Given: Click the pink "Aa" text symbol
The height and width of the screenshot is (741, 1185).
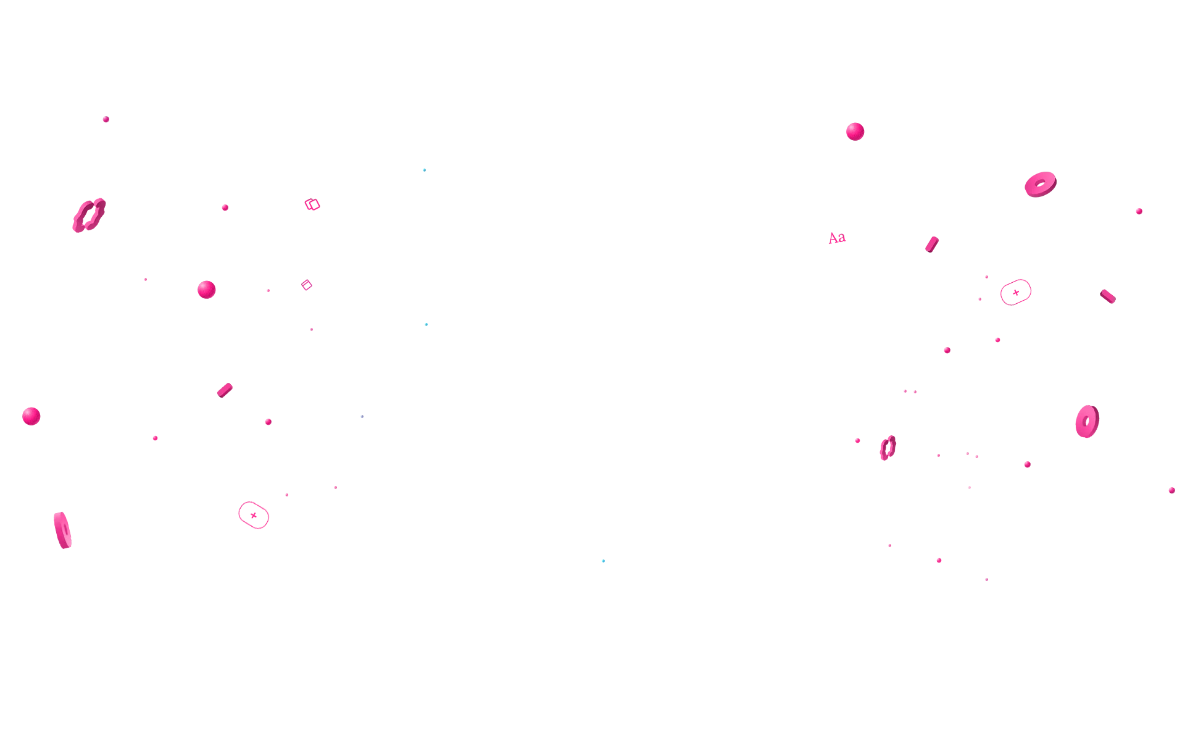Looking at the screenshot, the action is (x=837, y=238).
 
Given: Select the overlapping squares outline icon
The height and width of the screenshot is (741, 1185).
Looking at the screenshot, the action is (x=312, y=204).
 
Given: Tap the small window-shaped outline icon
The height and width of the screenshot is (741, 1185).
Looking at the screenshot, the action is (x=307, y=285).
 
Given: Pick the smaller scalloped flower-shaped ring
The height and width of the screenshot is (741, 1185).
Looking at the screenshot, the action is (x=884, y=447).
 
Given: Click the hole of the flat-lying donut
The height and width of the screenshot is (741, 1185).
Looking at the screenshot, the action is (x=1040, y=183).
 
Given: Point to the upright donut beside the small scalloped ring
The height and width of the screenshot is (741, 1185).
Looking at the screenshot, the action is (x=1081, y=422).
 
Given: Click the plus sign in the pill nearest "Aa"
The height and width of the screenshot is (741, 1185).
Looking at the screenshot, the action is (x=1016, y=293).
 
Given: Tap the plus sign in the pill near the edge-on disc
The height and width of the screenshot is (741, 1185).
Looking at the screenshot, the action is (x=254, y=516).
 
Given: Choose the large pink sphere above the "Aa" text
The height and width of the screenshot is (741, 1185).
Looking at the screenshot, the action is (x=855, y=132).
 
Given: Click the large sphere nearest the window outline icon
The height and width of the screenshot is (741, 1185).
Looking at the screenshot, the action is (x=206, y=290).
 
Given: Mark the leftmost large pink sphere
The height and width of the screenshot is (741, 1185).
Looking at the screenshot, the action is (x=31, y=416).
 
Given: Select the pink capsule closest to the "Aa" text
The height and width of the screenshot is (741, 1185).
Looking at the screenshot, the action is (x=932, y=245).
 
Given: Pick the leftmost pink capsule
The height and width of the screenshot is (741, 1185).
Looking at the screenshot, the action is (x=225, y=390).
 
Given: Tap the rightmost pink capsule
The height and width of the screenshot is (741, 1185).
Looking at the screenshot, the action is (x=1108, y=296).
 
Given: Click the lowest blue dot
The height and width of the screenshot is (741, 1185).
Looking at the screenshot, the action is (x=603, y=561).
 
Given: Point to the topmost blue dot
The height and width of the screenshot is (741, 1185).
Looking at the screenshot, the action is (x=424, y=170).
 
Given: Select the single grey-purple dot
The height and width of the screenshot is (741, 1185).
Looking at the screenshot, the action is (x=362, y=416).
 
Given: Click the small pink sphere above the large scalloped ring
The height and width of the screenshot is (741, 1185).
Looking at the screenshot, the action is (x=106, y=119).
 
